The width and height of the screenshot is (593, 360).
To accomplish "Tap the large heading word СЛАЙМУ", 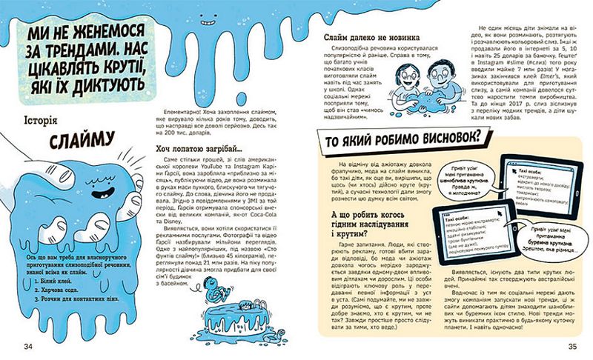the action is point(72,141).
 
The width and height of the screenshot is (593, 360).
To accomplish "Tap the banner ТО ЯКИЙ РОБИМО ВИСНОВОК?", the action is point(400,138).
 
